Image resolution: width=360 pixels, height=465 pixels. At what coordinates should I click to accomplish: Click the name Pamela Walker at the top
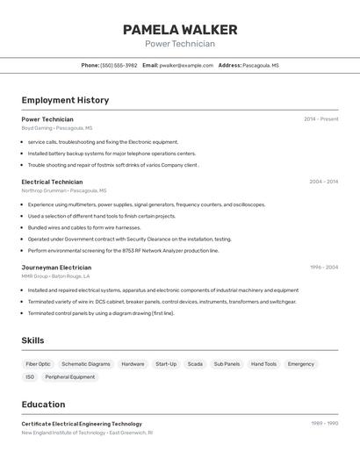(x=179, y=30)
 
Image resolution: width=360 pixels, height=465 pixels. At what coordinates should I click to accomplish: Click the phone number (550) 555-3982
(x=119, y=65)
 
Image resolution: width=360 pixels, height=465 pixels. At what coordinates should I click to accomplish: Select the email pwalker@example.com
(x=185, y=65)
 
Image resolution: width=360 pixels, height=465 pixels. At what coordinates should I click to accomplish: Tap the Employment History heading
(x=65, y=100)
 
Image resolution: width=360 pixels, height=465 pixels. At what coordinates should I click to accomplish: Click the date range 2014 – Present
(x=320, y=118)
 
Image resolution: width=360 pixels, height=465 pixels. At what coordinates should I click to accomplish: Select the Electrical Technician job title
(x=52, y=182)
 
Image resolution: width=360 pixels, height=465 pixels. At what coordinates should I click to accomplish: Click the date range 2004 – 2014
(x=323, y=182)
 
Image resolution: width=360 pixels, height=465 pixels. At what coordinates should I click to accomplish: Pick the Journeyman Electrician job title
(x=56, y=267)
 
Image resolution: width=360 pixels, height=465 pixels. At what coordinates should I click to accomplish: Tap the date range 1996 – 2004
(x=323, y=267)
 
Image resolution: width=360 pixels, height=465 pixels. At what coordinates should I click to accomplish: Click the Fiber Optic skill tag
(x=38, y=363)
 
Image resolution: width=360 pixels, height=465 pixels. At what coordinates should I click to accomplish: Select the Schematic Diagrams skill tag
(x=86, y=363)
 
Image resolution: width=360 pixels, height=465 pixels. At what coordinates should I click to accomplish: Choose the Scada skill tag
(x=195, y=363)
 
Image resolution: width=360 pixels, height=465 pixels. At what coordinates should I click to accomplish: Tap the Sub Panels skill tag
(x=227, y=363)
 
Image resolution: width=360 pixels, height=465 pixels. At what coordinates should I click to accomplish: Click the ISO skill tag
(x=30, y=376)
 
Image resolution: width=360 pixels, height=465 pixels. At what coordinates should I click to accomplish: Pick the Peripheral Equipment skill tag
(x=70, y=376)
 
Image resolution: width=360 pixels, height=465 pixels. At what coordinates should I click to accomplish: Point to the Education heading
(x=43, y=404)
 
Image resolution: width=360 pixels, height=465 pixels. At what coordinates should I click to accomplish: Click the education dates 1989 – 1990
(x=324, y=423)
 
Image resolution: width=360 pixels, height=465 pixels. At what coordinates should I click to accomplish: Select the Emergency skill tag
(x=300, y=363)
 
